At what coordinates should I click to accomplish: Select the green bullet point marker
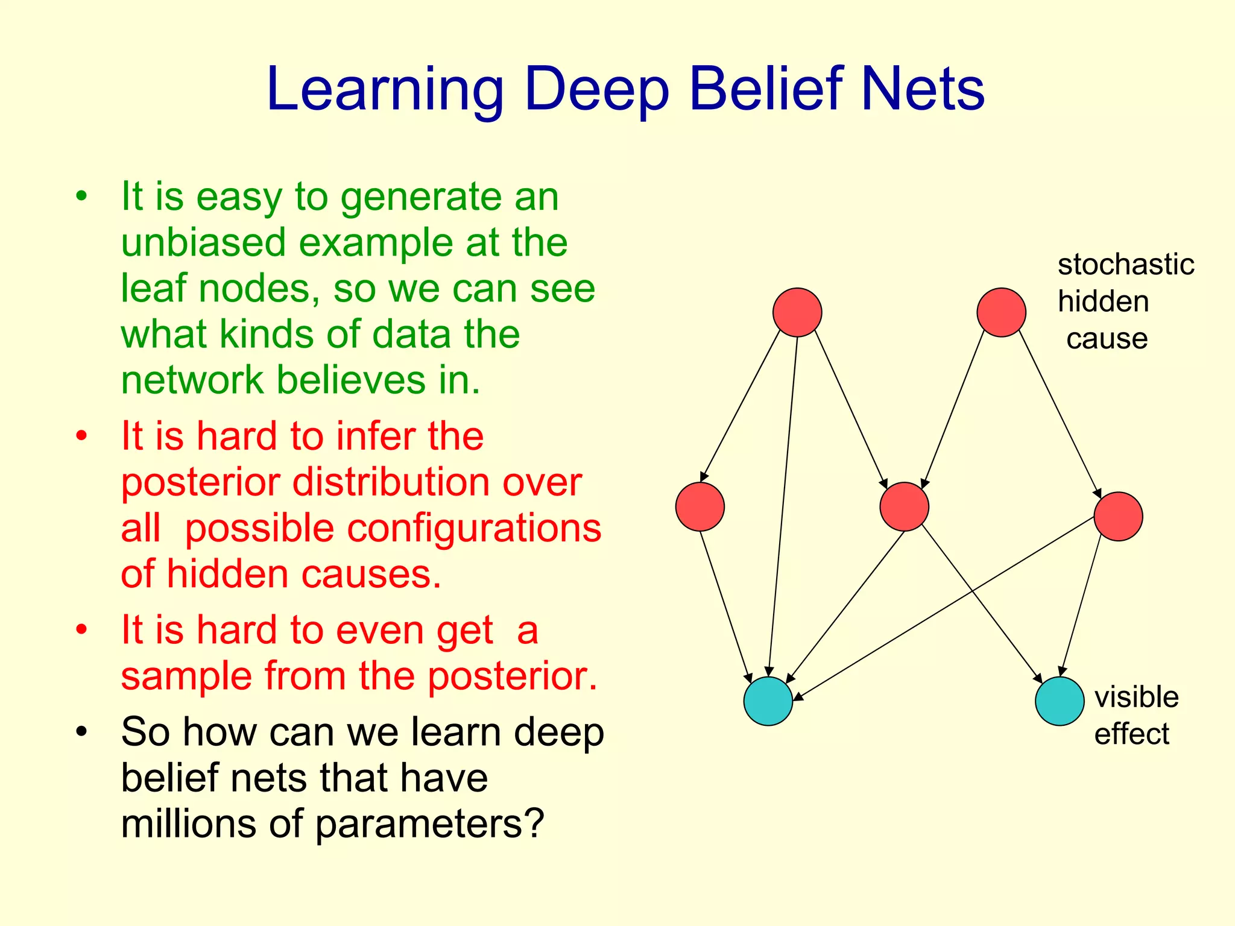[82, 197]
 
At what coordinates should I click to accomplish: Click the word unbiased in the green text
[203, 242]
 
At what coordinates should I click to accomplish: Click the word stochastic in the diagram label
[1125, 265]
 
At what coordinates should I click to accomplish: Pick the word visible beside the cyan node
[1136, 698]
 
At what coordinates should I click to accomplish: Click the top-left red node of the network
[797, 312]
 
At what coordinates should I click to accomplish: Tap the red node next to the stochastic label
[1001, 312]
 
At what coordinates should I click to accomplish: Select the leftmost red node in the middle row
[700, 507]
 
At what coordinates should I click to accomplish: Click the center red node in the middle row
[904, 507]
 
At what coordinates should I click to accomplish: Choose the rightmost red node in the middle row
[1118, 517]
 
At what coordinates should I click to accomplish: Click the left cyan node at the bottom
[768, 701]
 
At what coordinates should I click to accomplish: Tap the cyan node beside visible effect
[1060, 701]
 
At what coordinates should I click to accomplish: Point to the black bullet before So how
[82, 732]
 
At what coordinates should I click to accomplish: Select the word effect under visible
[1131, 735]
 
